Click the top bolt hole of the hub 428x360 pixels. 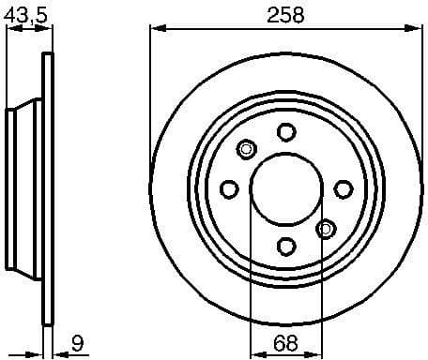tap(286, 131)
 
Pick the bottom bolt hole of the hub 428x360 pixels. tap(286, 246)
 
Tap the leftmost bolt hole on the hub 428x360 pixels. tap(228, 189)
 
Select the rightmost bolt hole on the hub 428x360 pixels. tap(344, 189)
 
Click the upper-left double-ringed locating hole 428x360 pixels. tap(247, 148)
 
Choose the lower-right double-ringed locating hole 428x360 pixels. tap(326, 228)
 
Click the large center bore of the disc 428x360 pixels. tap(285, 188)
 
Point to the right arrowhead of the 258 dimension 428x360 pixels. tap(416, 29)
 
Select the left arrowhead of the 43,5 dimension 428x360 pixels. tap(9, 29)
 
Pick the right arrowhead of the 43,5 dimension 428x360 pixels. tap(45, 29)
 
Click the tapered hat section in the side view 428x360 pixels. tap(24, 188)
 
